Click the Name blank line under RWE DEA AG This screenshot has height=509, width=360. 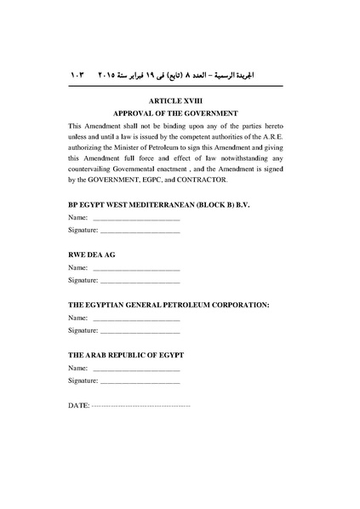coord(136,269)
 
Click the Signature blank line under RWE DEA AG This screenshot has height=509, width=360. coord(140,281)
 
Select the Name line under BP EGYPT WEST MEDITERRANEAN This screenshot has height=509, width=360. coord(136,220)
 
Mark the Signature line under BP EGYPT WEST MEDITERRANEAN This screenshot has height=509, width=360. coord(140,232)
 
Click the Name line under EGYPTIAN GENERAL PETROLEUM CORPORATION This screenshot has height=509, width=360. coord(136,318)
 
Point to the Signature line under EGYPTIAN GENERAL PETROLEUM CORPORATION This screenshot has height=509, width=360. coord(140,330)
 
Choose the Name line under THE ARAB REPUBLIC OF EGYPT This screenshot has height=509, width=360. coord(136,368)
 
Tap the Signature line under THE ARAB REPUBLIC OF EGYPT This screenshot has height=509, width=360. coord(140,380)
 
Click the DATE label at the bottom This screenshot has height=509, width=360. coord(77,406)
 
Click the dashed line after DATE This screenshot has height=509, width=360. coord(140,406)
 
